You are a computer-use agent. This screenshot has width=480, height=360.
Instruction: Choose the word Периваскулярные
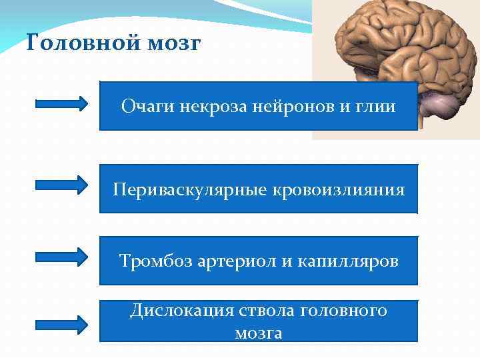tap(189, 190)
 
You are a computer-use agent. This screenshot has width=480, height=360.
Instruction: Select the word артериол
tap(237, 261)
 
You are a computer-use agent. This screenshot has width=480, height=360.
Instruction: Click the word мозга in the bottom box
tap(258, 333)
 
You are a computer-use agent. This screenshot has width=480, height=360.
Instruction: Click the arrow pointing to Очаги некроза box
tap(61, 104)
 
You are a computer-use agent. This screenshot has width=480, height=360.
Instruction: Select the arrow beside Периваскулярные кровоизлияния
tap(61, 185)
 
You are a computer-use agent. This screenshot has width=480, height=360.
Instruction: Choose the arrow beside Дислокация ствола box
tap(61, 325)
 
